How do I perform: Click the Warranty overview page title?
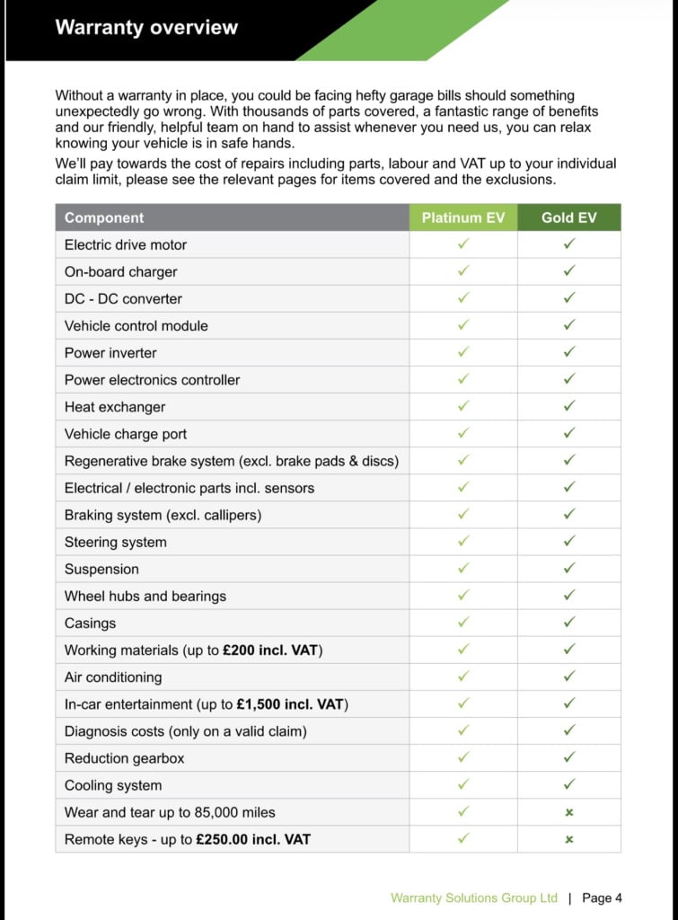pos(146,27)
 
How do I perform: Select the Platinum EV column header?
pos(463,217)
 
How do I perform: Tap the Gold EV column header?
pos(568,217)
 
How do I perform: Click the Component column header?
pos(104,217)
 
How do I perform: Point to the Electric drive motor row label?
pos(126,244)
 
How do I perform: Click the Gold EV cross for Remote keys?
pos(568,839)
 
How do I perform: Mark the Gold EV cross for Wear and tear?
pos(568,812)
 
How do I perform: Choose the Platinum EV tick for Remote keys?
pos(463,839)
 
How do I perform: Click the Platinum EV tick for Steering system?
pos(463,542)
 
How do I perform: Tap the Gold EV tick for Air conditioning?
pos(568,677)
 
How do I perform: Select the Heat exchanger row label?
pos(115,407)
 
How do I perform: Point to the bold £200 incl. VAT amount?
pos(270,650)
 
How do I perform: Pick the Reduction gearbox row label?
pos(124,758)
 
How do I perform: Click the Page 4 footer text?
pos(602,898)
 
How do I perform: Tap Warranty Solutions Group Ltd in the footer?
pos(474,898)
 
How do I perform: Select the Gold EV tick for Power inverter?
pos(568,352)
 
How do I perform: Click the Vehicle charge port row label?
pos(126,434)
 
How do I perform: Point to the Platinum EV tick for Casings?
pos(463,623)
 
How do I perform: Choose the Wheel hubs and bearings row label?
pos(145,596)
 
